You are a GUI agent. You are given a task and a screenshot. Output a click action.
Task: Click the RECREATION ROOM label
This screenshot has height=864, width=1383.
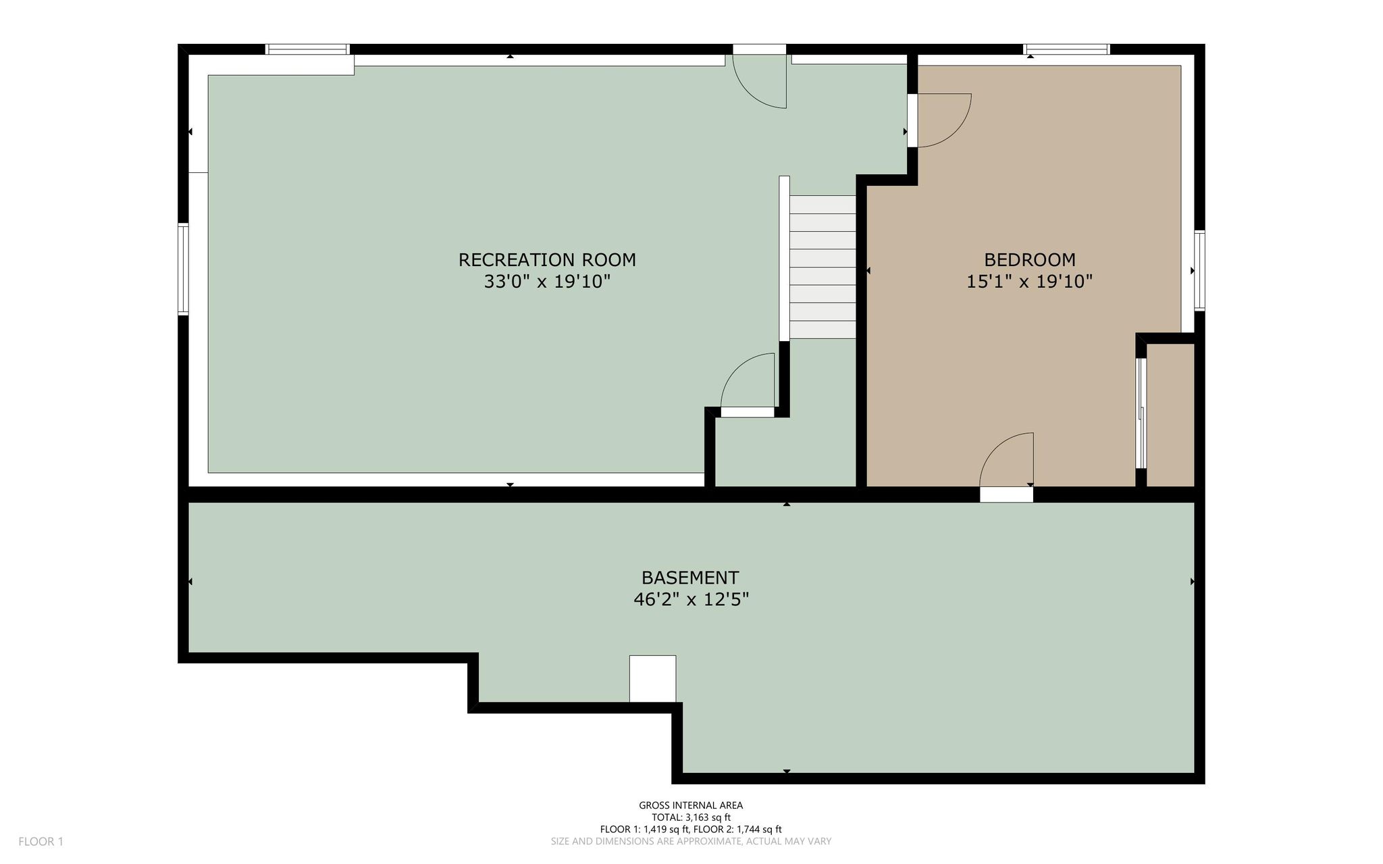[x=547, y=259]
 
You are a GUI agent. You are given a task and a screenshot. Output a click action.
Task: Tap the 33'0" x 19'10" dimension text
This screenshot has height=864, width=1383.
[x=547, y=282]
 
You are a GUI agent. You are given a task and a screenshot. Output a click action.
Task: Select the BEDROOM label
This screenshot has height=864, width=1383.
[x=1030, y=259]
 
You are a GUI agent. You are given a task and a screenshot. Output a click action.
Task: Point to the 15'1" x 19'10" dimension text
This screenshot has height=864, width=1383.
[x=1030, y=282]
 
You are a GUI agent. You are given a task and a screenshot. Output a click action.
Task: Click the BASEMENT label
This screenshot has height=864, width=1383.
[x=690, y=578]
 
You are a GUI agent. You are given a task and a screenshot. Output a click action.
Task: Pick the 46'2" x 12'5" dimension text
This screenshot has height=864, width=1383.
[x=691, y=600]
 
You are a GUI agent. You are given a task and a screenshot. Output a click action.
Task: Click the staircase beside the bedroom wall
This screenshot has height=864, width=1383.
[x=823, y=267]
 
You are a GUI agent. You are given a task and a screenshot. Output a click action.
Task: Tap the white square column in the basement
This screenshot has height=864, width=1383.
[x=652, y=679]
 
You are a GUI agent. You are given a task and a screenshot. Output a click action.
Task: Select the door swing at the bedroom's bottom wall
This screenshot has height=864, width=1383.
[x=1006, y=460]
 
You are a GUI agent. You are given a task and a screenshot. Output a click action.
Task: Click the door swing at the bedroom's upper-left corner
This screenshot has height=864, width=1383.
[x=944, y=120]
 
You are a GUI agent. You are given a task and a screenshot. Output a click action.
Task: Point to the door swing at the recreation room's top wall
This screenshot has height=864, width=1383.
[x=760, y=81]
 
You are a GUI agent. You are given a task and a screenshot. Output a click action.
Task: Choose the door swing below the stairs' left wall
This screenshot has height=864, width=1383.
[x=748, y=380]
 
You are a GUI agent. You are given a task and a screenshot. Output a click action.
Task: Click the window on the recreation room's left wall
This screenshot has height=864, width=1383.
[x=183, y=269]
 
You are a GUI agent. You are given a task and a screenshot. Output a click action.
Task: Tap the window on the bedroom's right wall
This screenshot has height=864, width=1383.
[x=1199, y=270]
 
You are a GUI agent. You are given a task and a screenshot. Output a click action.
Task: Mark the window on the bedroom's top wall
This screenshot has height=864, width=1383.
[x=1066, y=49]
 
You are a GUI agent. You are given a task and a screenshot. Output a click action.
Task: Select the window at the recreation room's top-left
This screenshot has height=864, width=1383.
[x=307, y=49]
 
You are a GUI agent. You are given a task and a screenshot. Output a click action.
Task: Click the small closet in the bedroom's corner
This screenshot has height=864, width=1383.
[x=1171, y=415]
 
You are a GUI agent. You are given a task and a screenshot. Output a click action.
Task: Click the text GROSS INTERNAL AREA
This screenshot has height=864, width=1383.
[x=691, y=805]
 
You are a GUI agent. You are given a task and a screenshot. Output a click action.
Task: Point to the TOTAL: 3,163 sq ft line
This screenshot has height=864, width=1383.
[x=691, y=817]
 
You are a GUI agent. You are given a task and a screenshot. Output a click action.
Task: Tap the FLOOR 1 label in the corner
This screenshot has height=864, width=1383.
[x=41, y=842]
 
